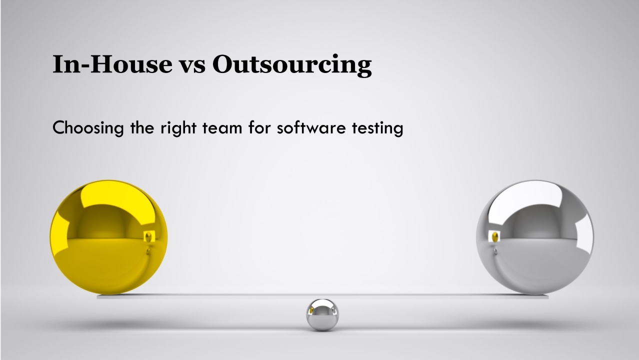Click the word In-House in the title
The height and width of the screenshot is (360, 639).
pos(112,64)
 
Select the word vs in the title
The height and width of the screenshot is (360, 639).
pos(192,65)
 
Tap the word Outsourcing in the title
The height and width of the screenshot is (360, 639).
pos(292,65)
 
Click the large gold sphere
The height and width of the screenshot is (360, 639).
pos(108,237)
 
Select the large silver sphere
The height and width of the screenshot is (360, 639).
pos(534,237)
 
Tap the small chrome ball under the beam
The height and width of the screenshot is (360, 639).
pos(322,314)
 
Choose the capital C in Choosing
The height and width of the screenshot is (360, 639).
pos(59,128)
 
